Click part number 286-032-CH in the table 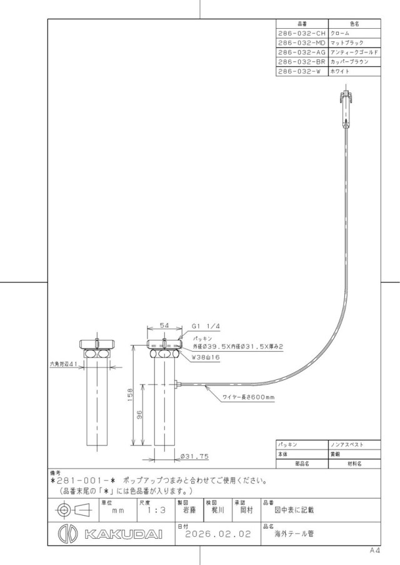pos(302,33)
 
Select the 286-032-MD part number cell pos(302,42)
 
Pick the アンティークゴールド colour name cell pos(354,52)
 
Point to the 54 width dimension pos(164,326)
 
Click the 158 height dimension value pos(131,394)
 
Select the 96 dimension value pos(140,414)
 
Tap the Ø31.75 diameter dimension pos(194,456)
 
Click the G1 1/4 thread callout pos(206,326)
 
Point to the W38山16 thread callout pos(206,357)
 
